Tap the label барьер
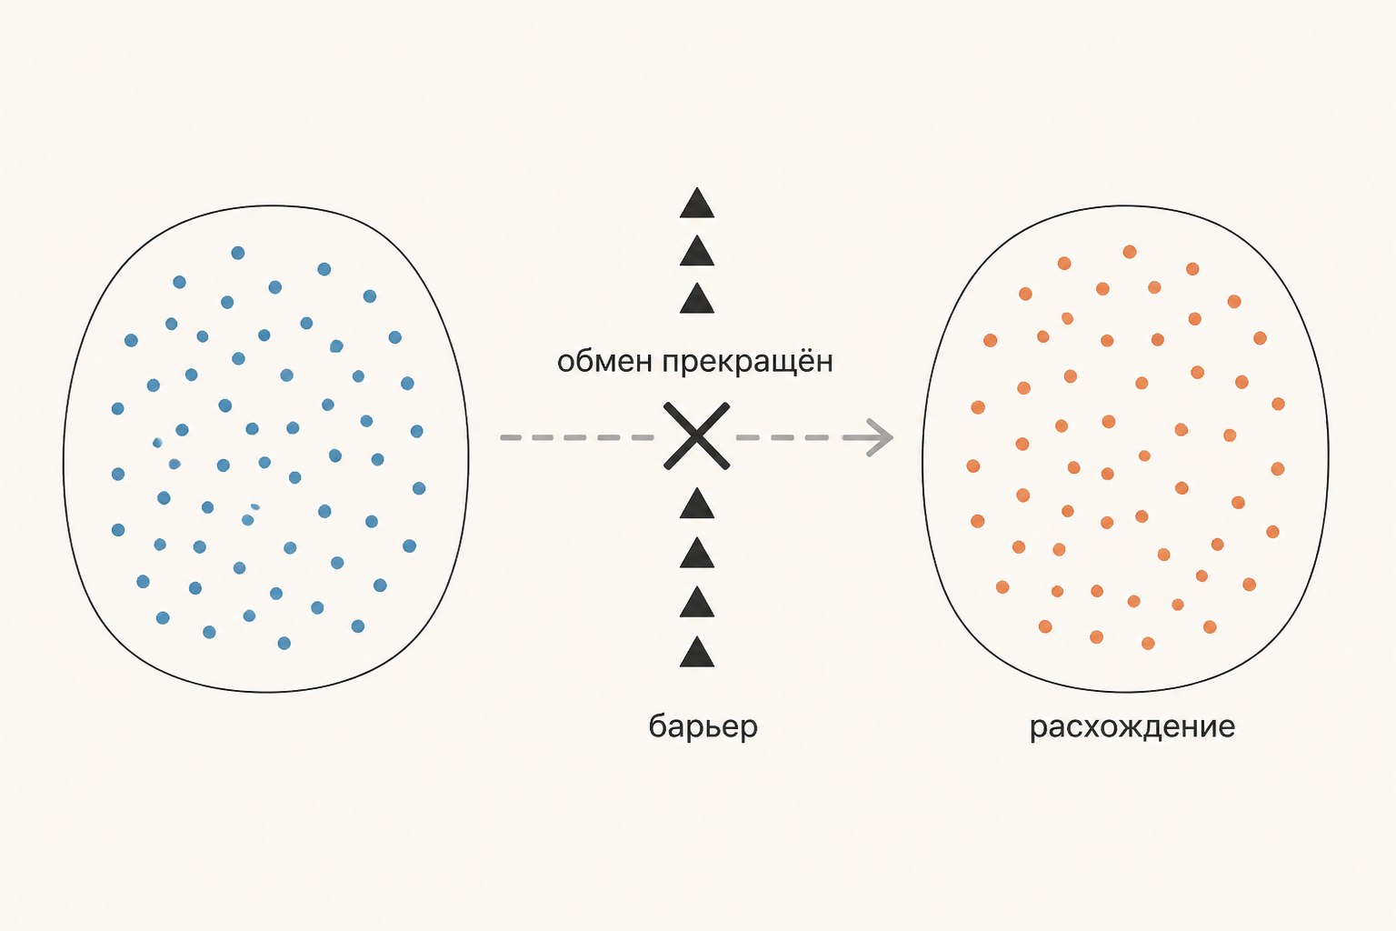(703, 727)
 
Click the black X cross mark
(697, 435)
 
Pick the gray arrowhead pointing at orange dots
(880, 437)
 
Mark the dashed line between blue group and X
(576, 437)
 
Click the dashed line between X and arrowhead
(801, 437)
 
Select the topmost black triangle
(697, 203)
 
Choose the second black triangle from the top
(697, 251)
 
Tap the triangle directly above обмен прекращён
(697, 298)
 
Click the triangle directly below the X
(697, 503)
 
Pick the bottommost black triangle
(697, 652)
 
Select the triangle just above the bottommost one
(697, 602)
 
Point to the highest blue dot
(238, 253)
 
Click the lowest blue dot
(284, 643)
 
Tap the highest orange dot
(1130, 252)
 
